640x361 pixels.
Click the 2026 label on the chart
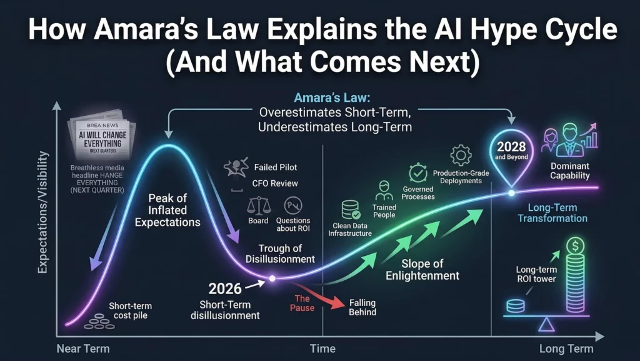[x=225, y=290]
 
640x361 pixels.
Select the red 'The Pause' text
[x=302, y=303]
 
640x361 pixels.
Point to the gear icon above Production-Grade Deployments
[x=461, y=155]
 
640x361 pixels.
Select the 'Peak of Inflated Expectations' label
[x=167, y=210]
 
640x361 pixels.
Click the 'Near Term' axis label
[x=82, y=349]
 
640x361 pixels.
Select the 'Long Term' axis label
[x=567, y=349]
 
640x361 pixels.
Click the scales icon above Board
[x=258, y=205]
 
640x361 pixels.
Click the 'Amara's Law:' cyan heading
[x=321, y=98]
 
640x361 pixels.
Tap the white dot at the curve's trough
[x=272, y=278]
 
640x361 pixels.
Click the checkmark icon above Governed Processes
[x=417, y=173]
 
